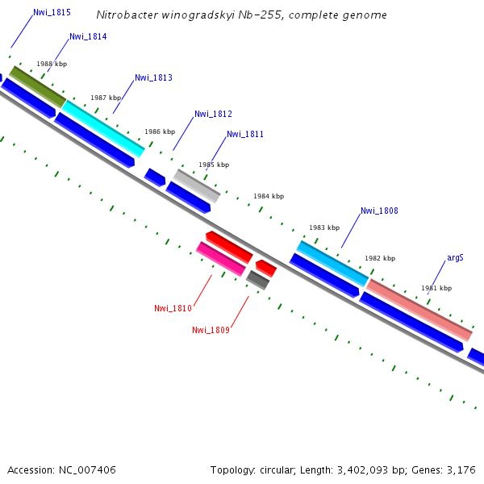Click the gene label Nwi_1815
52,13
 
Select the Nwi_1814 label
88,37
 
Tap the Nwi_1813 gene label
153,78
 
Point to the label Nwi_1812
213,115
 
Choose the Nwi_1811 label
245,135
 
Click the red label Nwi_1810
173,309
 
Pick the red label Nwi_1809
211,330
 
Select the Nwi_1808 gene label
379,211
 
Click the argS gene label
455,258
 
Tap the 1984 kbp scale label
269,197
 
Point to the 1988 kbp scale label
52,64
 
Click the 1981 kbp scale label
436,288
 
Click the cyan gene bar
103,128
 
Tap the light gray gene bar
197,186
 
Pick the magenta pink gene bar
220,259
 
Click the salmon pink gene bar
419,310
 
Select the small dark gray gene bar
257,280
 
